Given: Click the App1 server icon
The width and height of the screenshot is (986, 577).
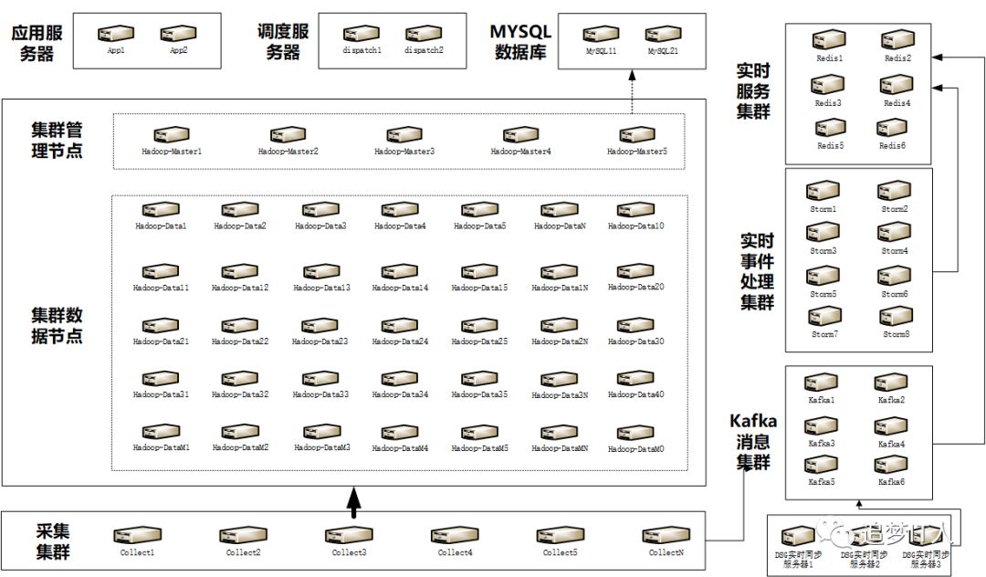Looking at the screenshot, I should pyautogui.click(x=116, y=35).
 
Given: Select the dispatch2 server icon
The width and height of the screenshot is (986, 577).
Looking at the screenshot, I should pyautogui.click(x=424, y=35).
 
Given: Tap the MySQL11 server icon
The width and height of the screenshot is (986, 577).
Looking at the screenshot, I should pyautogui.click(x=601, y=35).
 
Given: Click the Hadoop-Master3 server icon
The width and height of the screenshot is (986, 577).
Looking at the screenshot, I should pyautogui.click(x=404, y=135).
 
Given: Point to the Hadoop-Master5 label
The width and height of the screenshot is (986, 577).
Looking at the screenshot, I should pyautogui.click(x=637, y=151).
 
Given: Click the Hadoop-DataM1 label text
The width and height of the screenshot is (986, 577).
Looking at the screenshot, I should pyautogui.click(x=162, y=448).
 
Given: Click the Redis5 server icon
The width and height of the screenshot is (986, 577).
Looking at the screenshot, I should pyautogui.click(x=829, y=129).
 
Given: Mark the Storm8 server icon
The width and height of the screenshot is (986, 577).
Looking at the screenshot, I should pyautogui.click(x=893, y=317).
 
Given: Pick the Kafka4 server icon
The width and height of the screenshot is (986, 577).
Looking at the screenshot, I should pyautogui.click(x=891, y=427).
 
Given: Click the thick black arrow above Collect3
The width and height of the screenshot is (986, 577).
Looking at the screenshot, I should pyautogui.click(x=355, y=500).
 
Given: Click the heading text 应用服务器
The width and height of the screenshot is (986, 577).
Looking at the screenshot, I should pyautogui.click(x=37, y=43).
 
